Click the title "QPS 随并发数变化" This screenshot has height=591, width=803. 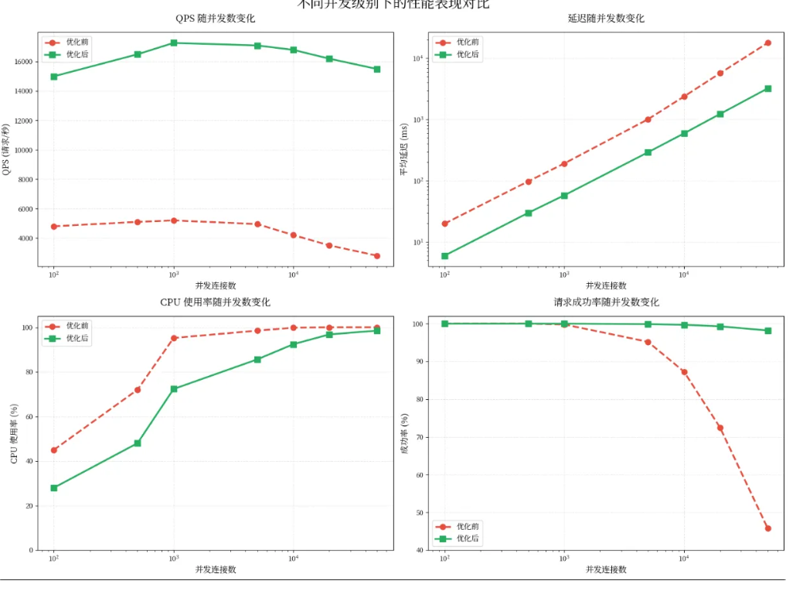[215, 19]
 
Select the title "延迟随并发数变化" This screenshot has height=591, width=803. [606, 19]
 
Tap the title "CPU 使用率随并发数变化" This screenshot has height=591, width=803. [215, 302]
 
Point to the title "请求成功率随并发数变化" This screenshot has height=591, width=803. [606, 302]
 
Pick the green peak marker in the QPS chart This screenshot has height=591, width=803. [174, 43]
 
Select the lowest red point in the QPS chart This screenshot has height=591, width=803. [377, 256]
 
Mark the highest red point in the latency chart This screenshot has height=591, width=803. [767, 43]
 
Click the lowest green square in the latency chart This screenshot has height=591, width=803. [444, 256]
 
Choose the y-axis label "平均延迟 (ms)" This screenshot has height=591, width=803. [403, 149]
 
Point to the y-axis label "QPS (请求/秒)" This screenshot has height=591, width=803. [7, 149]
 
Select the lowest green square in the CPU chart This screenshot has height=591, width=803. [54, 488]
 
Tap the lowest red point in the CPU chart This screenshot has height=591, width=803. [54, 450]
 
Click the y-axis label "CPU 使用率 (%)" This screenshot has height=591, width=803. [14, 433]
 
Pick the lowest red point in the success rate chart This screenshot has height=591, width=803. [767, 528]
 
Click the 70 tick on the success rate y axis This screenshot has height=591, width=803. [420, 438]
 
